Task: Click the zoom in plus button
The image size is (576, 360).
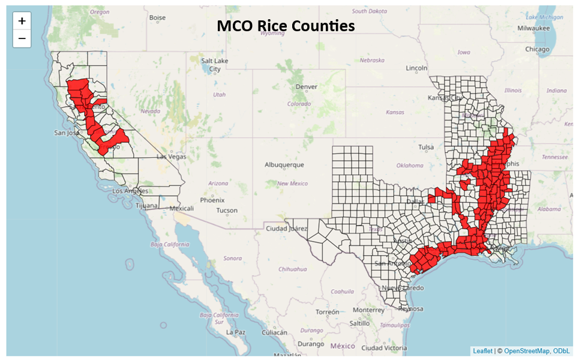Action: (x=22, y=21)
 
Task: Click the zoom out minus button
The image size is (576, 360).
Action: (x=22, y=39)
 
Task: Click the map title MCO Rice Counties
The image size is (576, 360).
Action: (x=286, y=26)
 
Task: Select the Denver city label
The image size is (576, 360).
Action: (x=306, y=87)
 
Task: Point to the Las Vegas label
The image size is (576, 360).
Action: (x=172, y=157)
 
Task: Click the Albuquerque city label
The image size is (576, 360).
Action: (x=284, y=165)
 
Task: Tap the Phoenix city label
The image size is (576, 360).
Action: (x=212, y=200)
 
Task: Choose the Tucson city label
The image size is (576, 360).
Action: (x=227, y=211)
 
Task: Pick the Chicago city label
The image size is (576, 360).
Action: (x=537, y=49)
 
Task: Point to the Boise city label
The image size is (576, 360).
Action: (x=157, y=18)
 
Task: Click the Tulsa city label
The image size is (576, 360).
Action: (x=426, y=147)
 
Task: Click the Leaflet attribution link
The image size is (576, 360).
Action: (x=482, y=351)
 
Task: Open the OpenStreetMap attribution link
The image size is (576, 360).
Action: (x=526, y=351)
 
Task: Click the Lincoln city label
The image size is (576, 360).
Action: (x=416, y=68)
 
